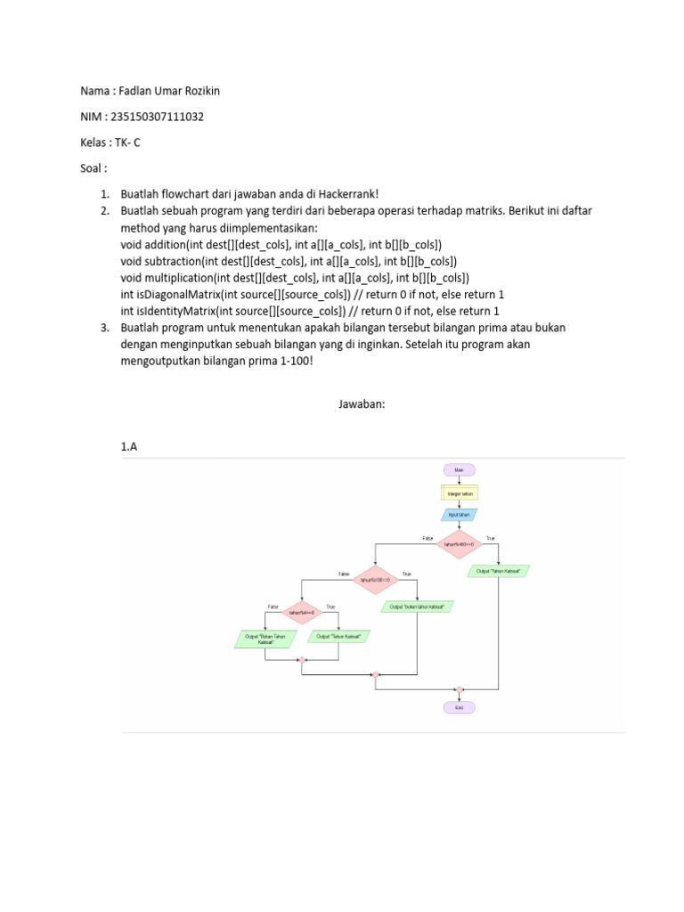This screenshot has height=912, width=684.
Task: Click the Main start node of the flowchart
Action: tap(459, 469)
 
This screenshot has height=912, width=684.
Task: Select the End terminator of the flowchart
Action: tap(459, 707)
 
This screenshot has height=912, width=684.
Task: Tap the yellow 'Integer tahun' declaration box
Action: tap(459, 492)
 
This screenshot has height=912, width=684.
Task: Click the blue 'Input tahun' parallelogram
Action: tap(459, 514)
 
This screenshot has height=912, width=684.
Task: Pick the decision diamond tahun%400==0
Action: tap(459, 542)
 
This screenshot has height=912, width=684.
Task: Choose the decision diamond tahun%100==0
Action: tap(377, 579)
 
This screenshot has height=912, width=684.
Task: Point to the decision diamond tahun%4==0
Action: tap(303, 612)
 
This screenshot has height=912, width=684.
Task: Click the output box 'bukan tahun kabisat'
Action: tap(418, 607)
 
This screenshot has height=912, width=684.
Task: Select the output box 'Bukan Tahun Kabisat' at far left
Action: tap(265, 638)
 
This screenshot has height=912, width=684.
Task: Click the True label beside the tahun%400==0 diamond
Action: tap(490, 537)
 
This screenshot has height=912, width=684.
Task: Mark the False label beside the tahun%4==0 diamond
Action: tap(273, 607)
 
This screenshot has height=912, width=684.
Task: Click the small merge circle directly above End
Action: tap(459, 688)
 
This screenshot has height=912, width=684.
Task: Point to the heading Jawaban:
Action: tap(361, 403)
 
